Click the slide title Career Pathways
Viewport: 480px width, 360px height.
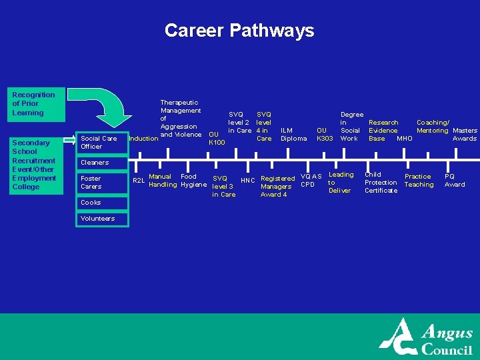point(239,31)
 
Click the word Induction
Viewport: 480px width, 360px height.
point(143,139)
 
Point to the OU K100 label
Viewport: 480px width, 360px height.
point(216,138)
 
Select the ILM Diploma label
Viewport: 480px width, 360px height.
point(293,135)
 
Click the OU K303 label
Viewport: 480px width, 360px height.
point(325,135)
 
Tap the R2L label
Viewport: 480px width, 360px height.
point(139,181)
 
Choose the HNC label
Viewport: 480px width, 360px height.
point(247,181)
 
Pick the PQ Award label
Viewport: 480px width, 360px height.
point(455,181)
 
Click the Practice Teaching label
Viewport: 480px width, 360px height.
point(419,181)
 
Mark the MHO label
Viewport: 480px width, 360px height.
point(404,139)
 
